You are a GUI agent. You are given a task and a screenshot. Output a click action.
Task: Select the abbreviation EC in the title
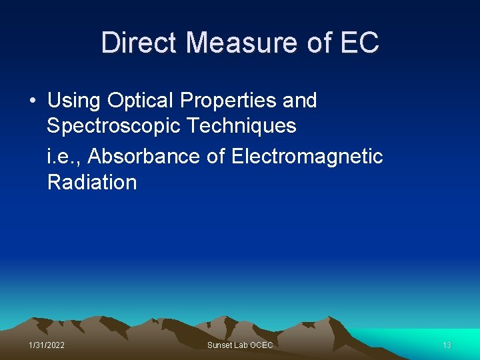pos(359,43)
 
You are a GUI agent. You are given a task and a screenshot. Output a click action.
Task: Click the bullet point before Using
pos(33,101)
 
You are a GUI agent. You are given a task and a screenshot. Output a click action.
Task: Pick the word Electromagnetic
pos(307,156)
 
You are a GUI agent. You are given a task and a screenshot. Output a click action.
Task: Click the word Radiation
pos(92,182)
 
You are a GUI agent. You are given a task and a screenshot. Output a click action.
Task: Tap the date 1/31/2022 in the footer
pos(47,345)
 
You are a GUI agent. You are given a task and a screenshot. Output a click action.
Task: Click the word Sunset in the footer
pos(219,345)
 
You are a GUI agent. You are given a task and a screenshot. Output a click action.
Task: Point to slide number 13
pos(447,345)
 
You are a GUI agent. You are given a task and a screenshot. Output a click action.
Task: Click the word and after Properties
pos(299,101)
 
